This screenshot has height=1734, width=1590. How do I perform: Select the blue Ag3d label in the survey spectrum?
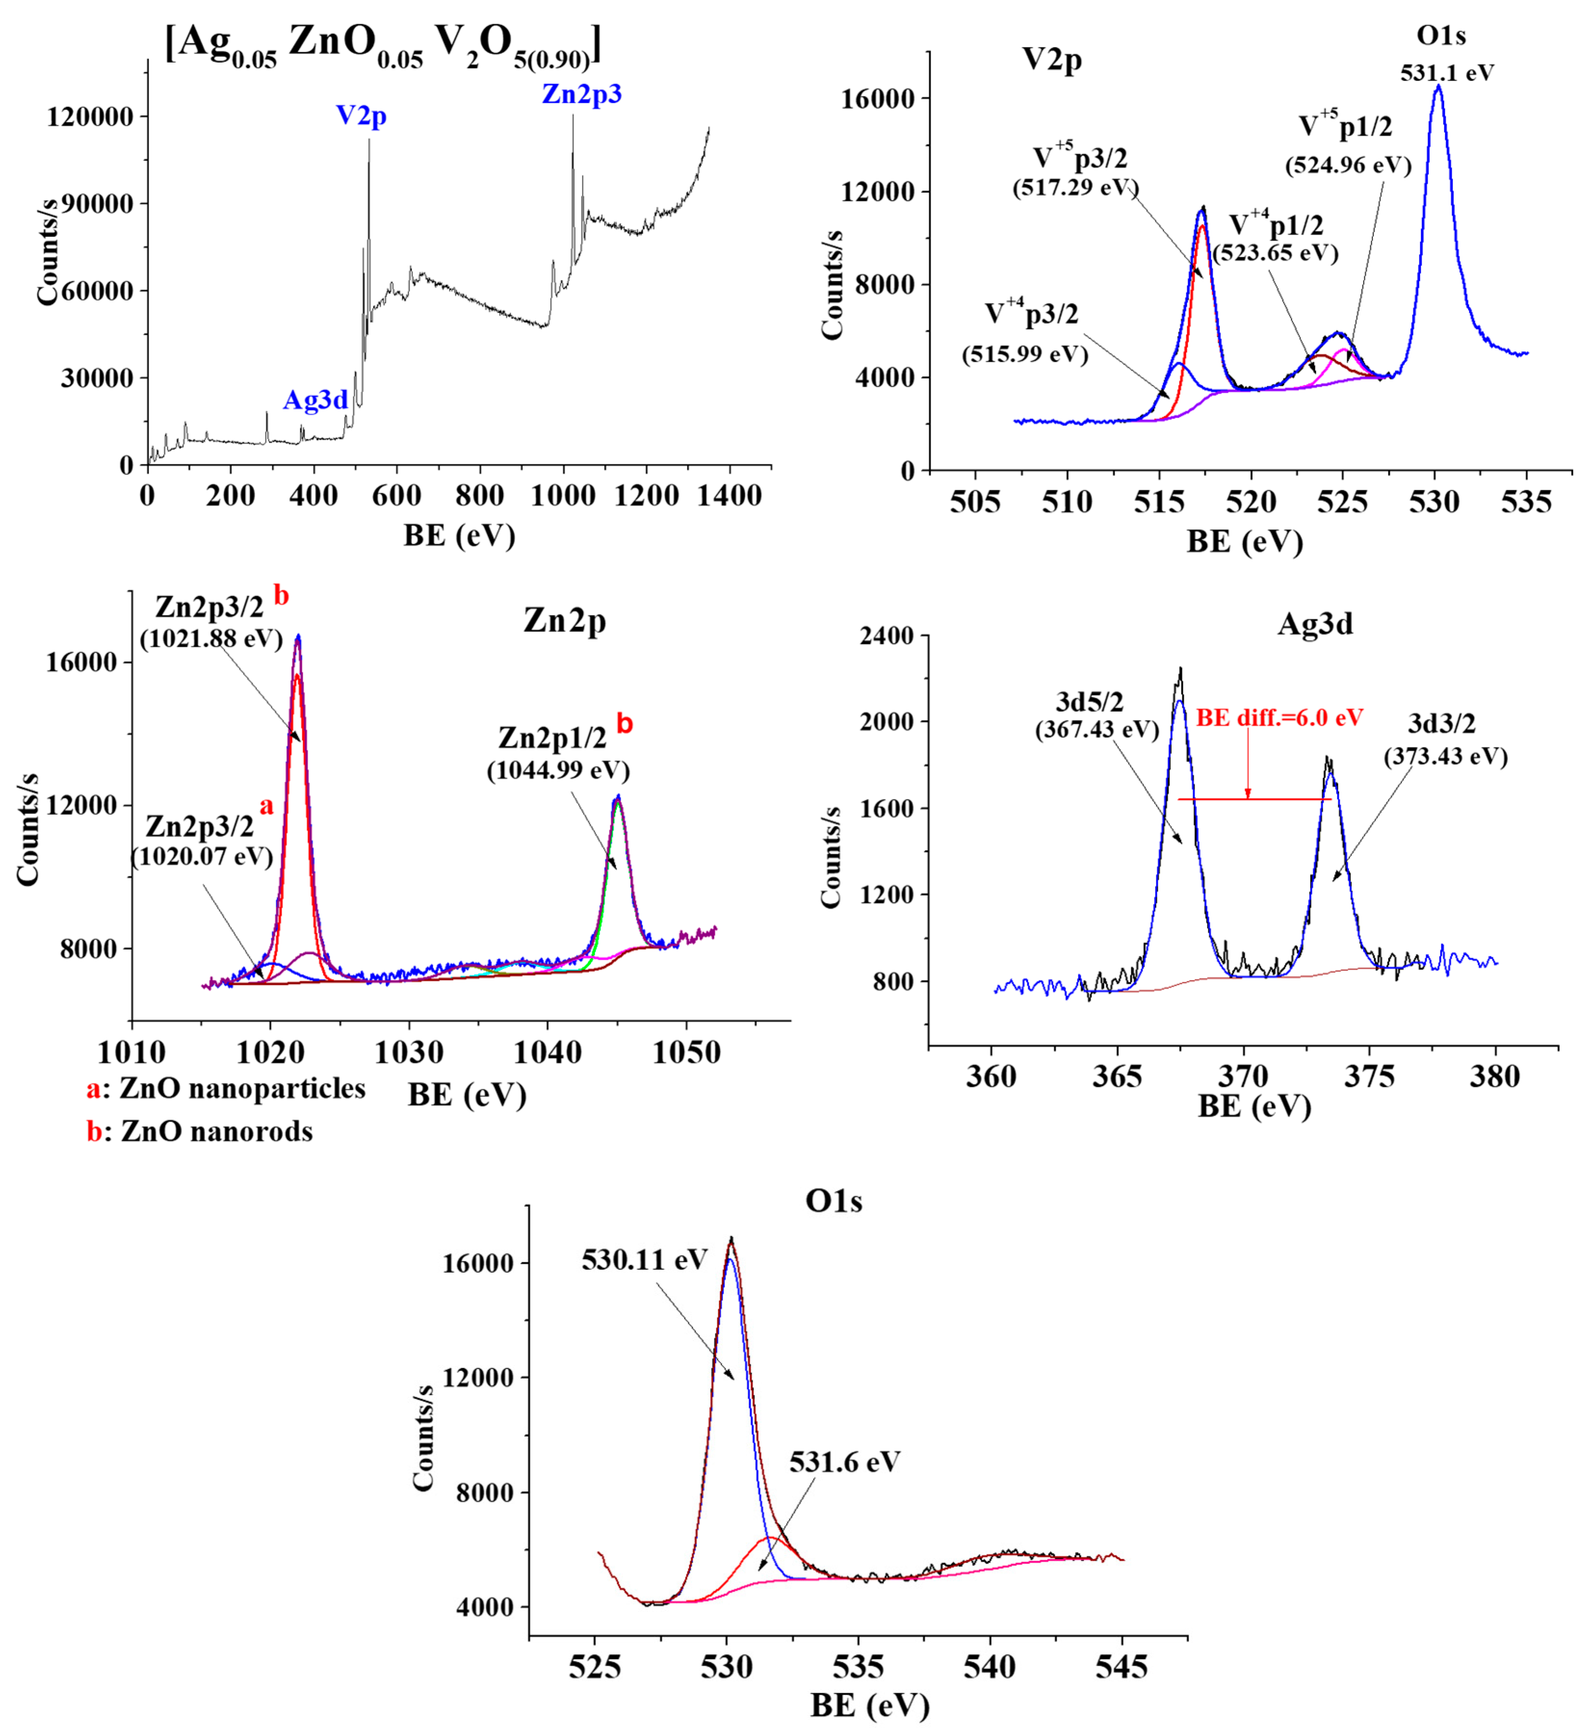(316, 400)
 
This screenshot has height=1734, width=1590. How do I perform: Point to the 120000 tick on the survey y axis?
(90, 116)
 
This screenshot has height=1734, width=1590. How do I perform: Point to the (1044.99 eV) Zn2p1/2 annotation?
(558, 770)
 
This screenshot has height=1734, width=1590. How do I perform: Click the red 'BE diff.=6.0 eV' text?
(1280, 717)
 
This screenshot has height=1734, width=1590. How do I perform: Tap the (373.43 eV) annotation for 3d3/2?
(1446, 756)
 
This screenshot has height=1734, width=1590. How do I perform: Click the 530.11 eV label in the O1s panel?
(645, 1260)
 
